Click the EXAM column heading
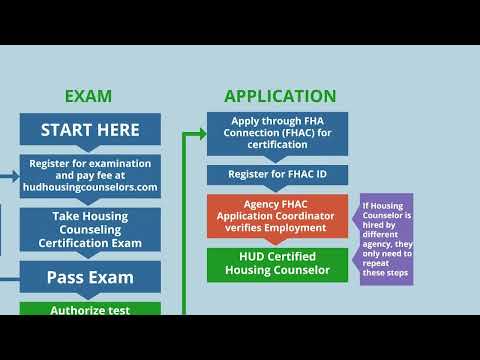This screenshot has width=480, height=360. click(88, 97)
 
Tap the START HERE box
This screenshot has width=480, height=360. click(90, 129)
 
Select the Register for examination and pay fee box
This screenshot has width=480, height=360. click(90, 174)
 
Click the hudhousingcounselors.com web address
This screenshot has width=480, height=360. click(90, 187)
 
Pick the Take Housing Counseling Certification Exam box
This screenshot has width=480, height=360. click(90, 229)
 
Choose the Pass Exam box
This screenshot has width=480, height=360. click(90, 277)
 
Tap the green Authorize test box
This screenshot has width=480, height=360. click(90, 309)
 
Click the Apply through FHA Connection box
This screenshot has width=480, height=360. click(278, 134)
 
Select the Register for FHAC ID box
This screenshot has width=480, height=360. click(278, 175)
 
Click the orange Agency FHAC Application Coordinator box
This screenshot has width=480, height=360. click(278, 215)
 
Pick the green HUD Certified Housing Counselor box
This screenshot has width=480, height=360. click(278, 264)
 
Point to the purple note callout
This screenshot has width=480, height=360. click(385, 239)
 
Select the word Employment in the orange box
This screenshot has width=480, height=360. click(311, 227)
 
